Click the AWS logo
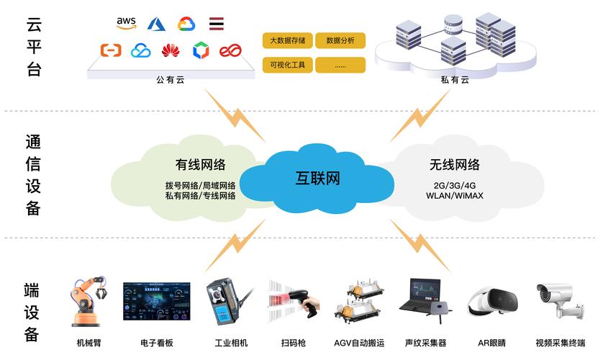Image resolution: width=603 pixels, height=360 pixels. click(127, 24)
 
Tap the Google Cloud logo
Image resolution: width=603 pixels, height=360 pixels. click(186, 24)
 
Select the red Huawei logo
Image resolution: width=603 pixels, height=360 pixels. click(170, 50)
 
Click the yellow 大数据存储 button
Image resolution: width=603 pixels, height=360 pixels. click(287, 40)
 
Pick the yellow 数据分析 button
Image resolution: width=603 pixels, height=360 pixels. click(340, 40)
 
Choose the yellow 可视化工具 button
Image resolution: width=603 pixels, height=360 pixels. click(287, 65)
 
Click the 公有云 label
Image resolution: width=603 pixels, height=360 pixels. click(170, 80)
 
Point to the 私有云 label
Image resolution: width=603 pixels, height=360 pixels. click(455, 80)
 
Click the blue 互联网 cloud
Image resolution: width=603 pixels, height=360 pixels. click(317, 178)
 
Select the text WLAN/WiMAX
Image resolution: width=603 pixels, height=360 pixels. click(455, 195)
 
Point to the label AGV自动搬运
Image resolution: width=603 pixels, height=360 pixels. click(359, 343)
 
